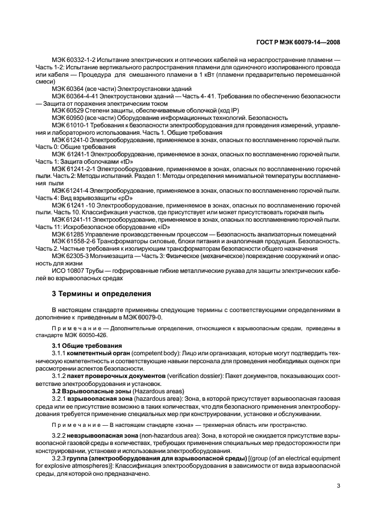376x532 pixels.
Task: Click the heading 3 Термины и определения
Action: pos(101,294)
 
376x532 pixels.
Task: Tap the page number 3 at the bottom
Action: pos(338,485)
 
